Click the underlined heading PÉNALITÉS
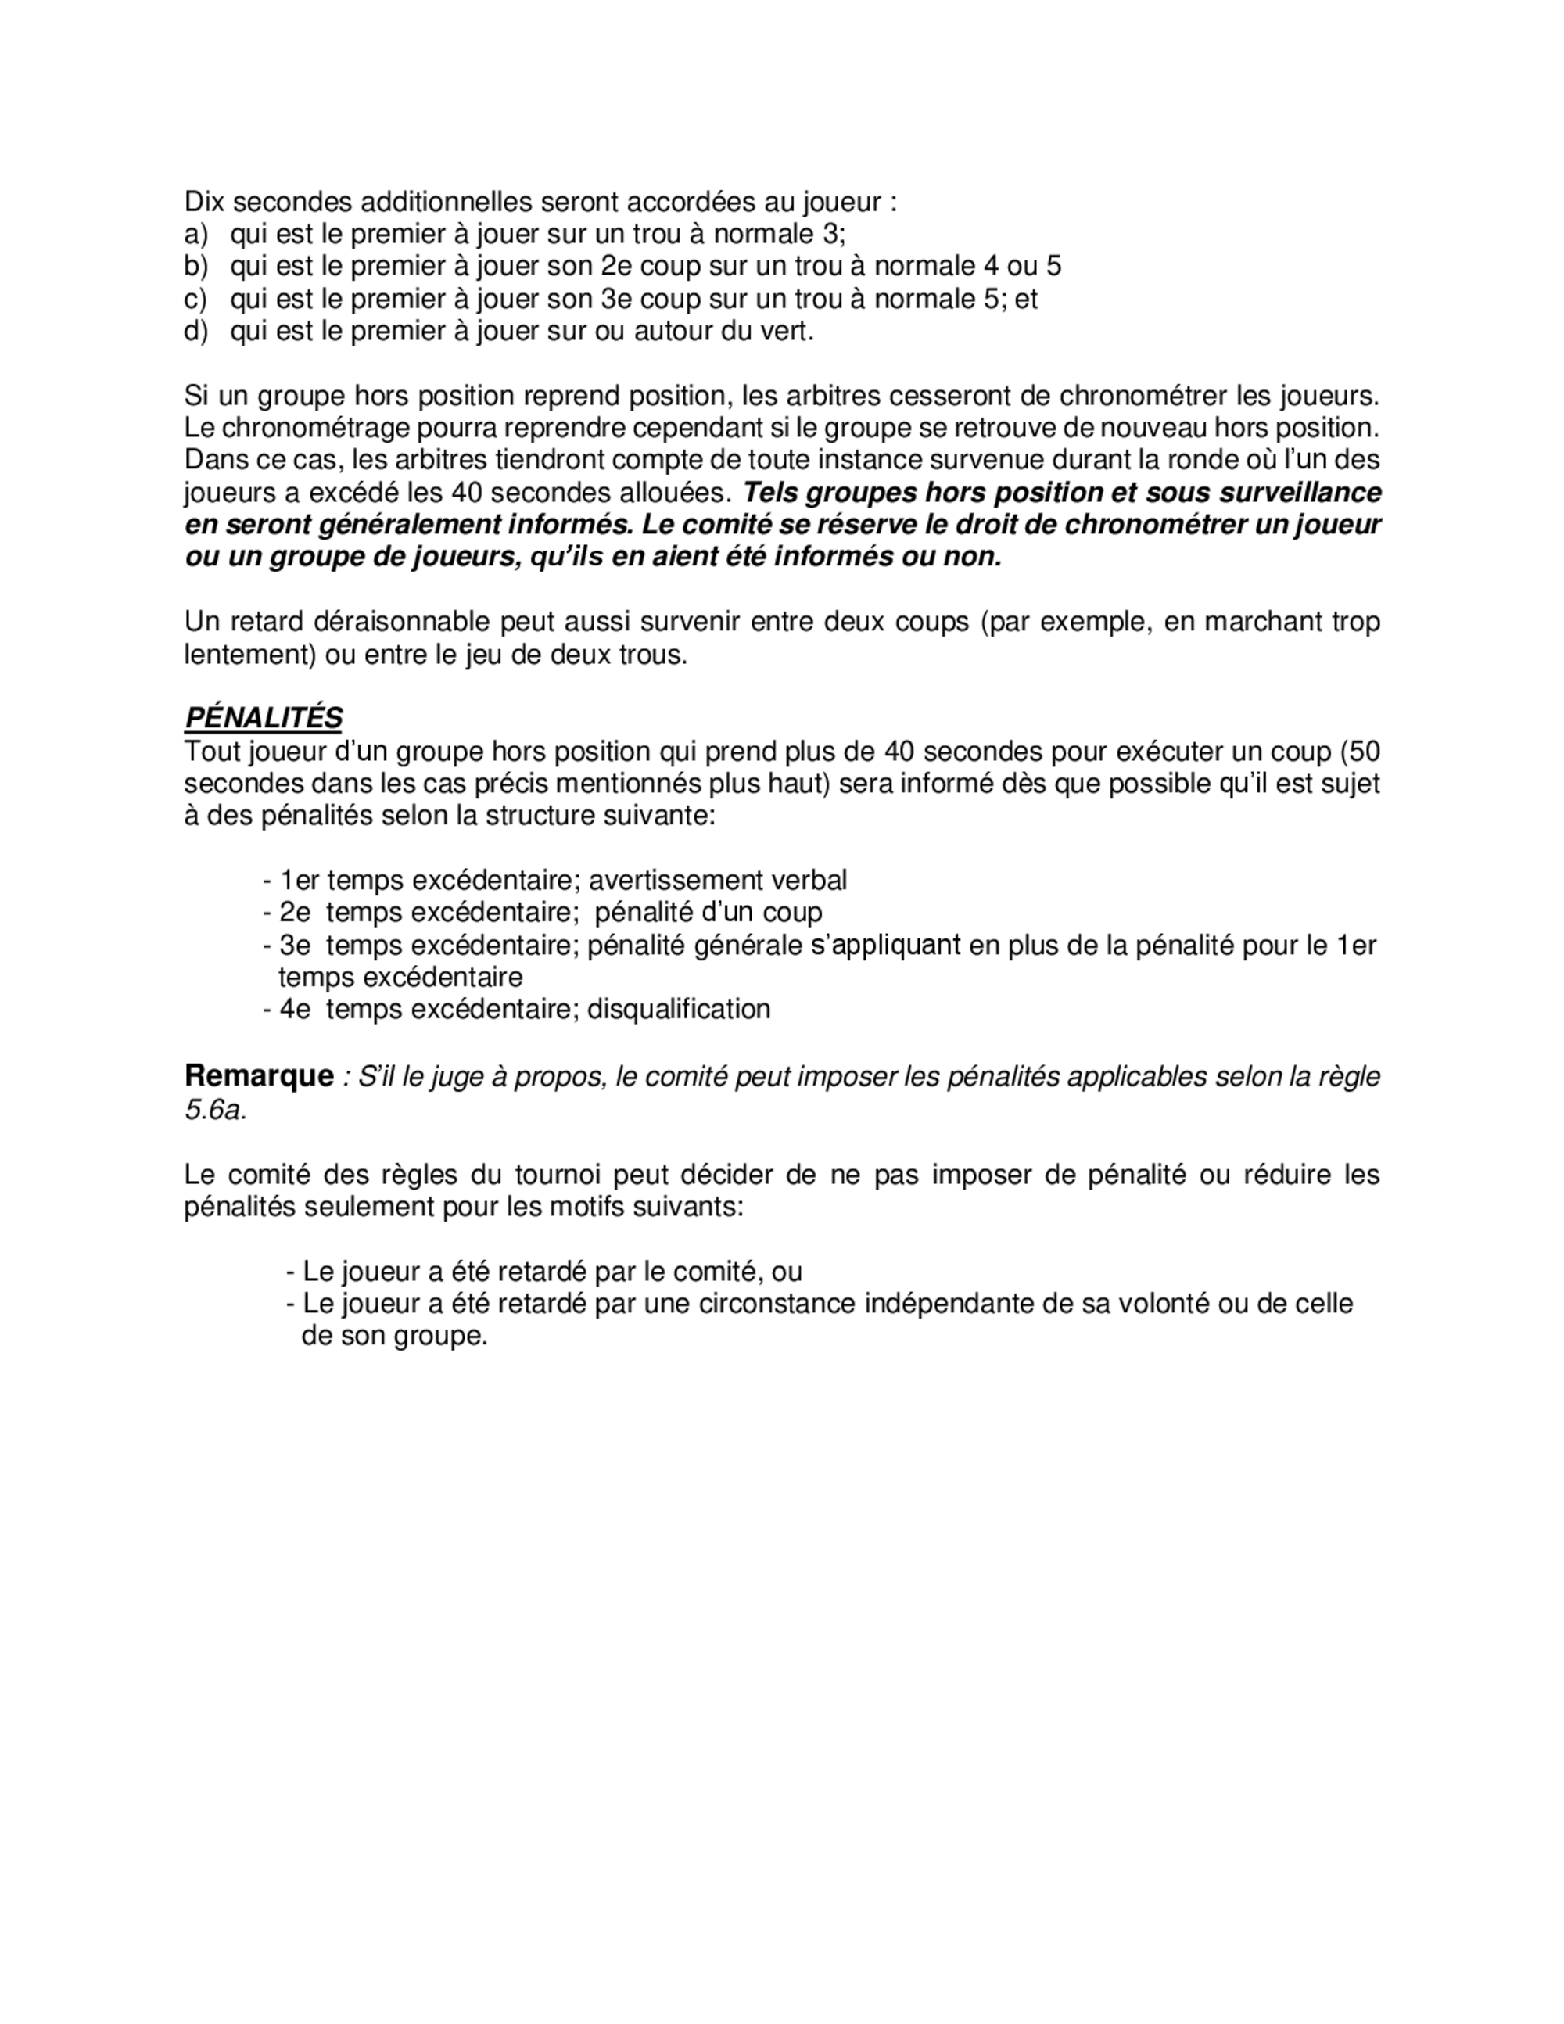tap(263, 717)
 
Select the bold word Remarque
tap(259, 1076)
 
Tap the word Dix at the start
tap(204, 201)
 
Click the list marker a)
tap(196, 234)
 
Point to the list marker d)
tap(196, 331)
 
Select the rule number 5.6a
tap(214, 1109)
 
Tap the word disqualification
tap(678, 1008)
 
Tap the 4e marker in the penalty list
tap(295, 1008)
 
